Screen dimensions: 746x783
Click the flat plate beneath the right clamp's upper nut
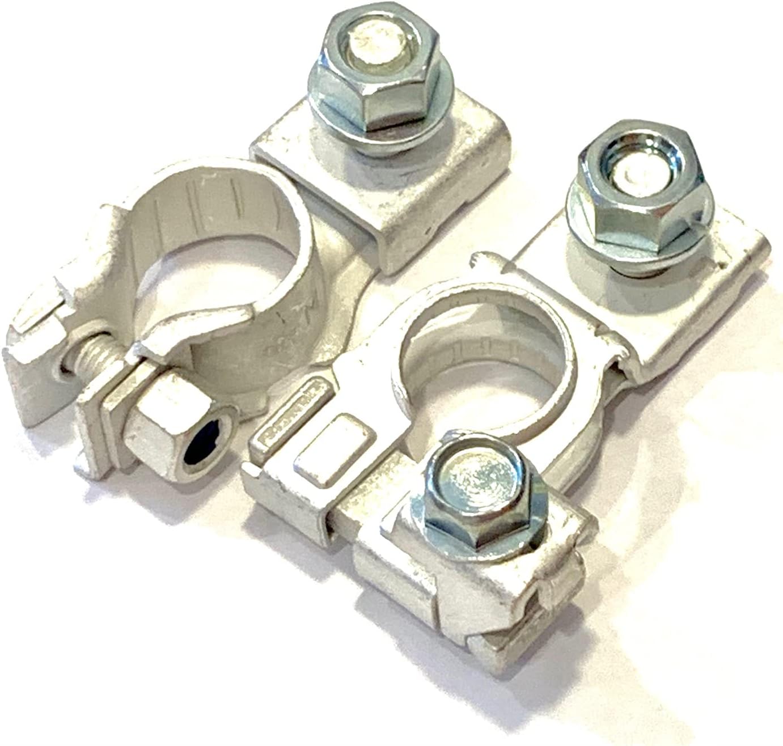pyautogui.click(x=680, y=317)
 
